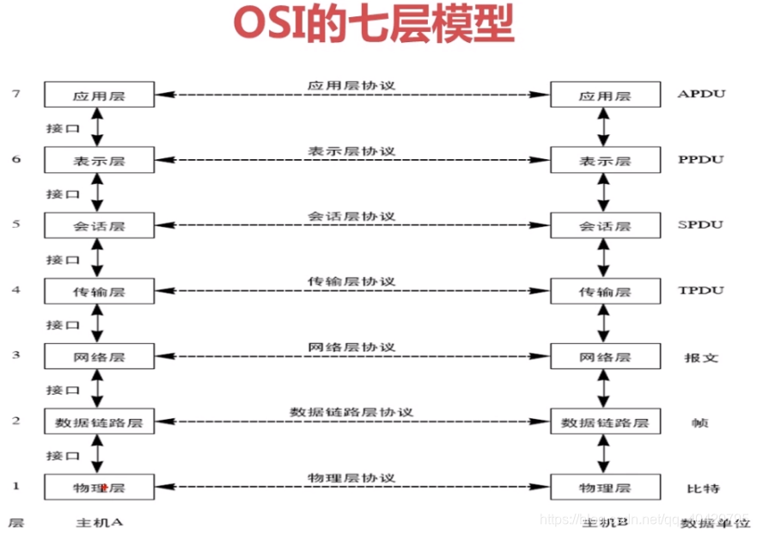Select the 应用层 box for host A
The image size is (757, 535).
click(x=100, y=95)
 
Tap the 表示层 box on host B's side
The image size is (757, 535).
click(x=605, y=160)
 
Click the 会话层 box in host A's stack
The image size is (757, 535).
click(x=100, y=225)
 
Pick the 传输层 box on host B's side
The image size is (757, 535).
click(x=605, y=291)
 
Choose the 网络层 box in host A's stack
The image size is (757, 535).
click(x=100, y=356)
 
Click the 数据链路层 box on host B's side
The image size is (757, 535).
click(x=605, y=421)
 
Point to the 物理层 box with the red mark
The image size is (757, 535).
click(x=100, y=488)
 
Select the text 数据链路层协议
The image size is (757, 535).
click(x=351, y=411)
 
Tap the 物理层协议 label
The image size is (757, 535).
click(x=351, y=477)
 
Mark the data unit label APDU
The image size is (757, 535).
click(x=701, y=94)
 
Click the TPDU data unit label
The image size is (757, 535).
click(x=699, y=290)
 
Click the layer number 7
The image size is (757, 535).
click(x=15, y=93)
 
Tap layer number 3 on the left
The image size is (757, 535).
click(x=15, y=354)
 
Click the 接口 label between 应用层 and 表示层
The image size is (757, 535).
click(x=63, y=127)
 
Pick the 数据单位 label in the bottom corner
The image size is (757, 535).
click(x=710, y=522)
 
